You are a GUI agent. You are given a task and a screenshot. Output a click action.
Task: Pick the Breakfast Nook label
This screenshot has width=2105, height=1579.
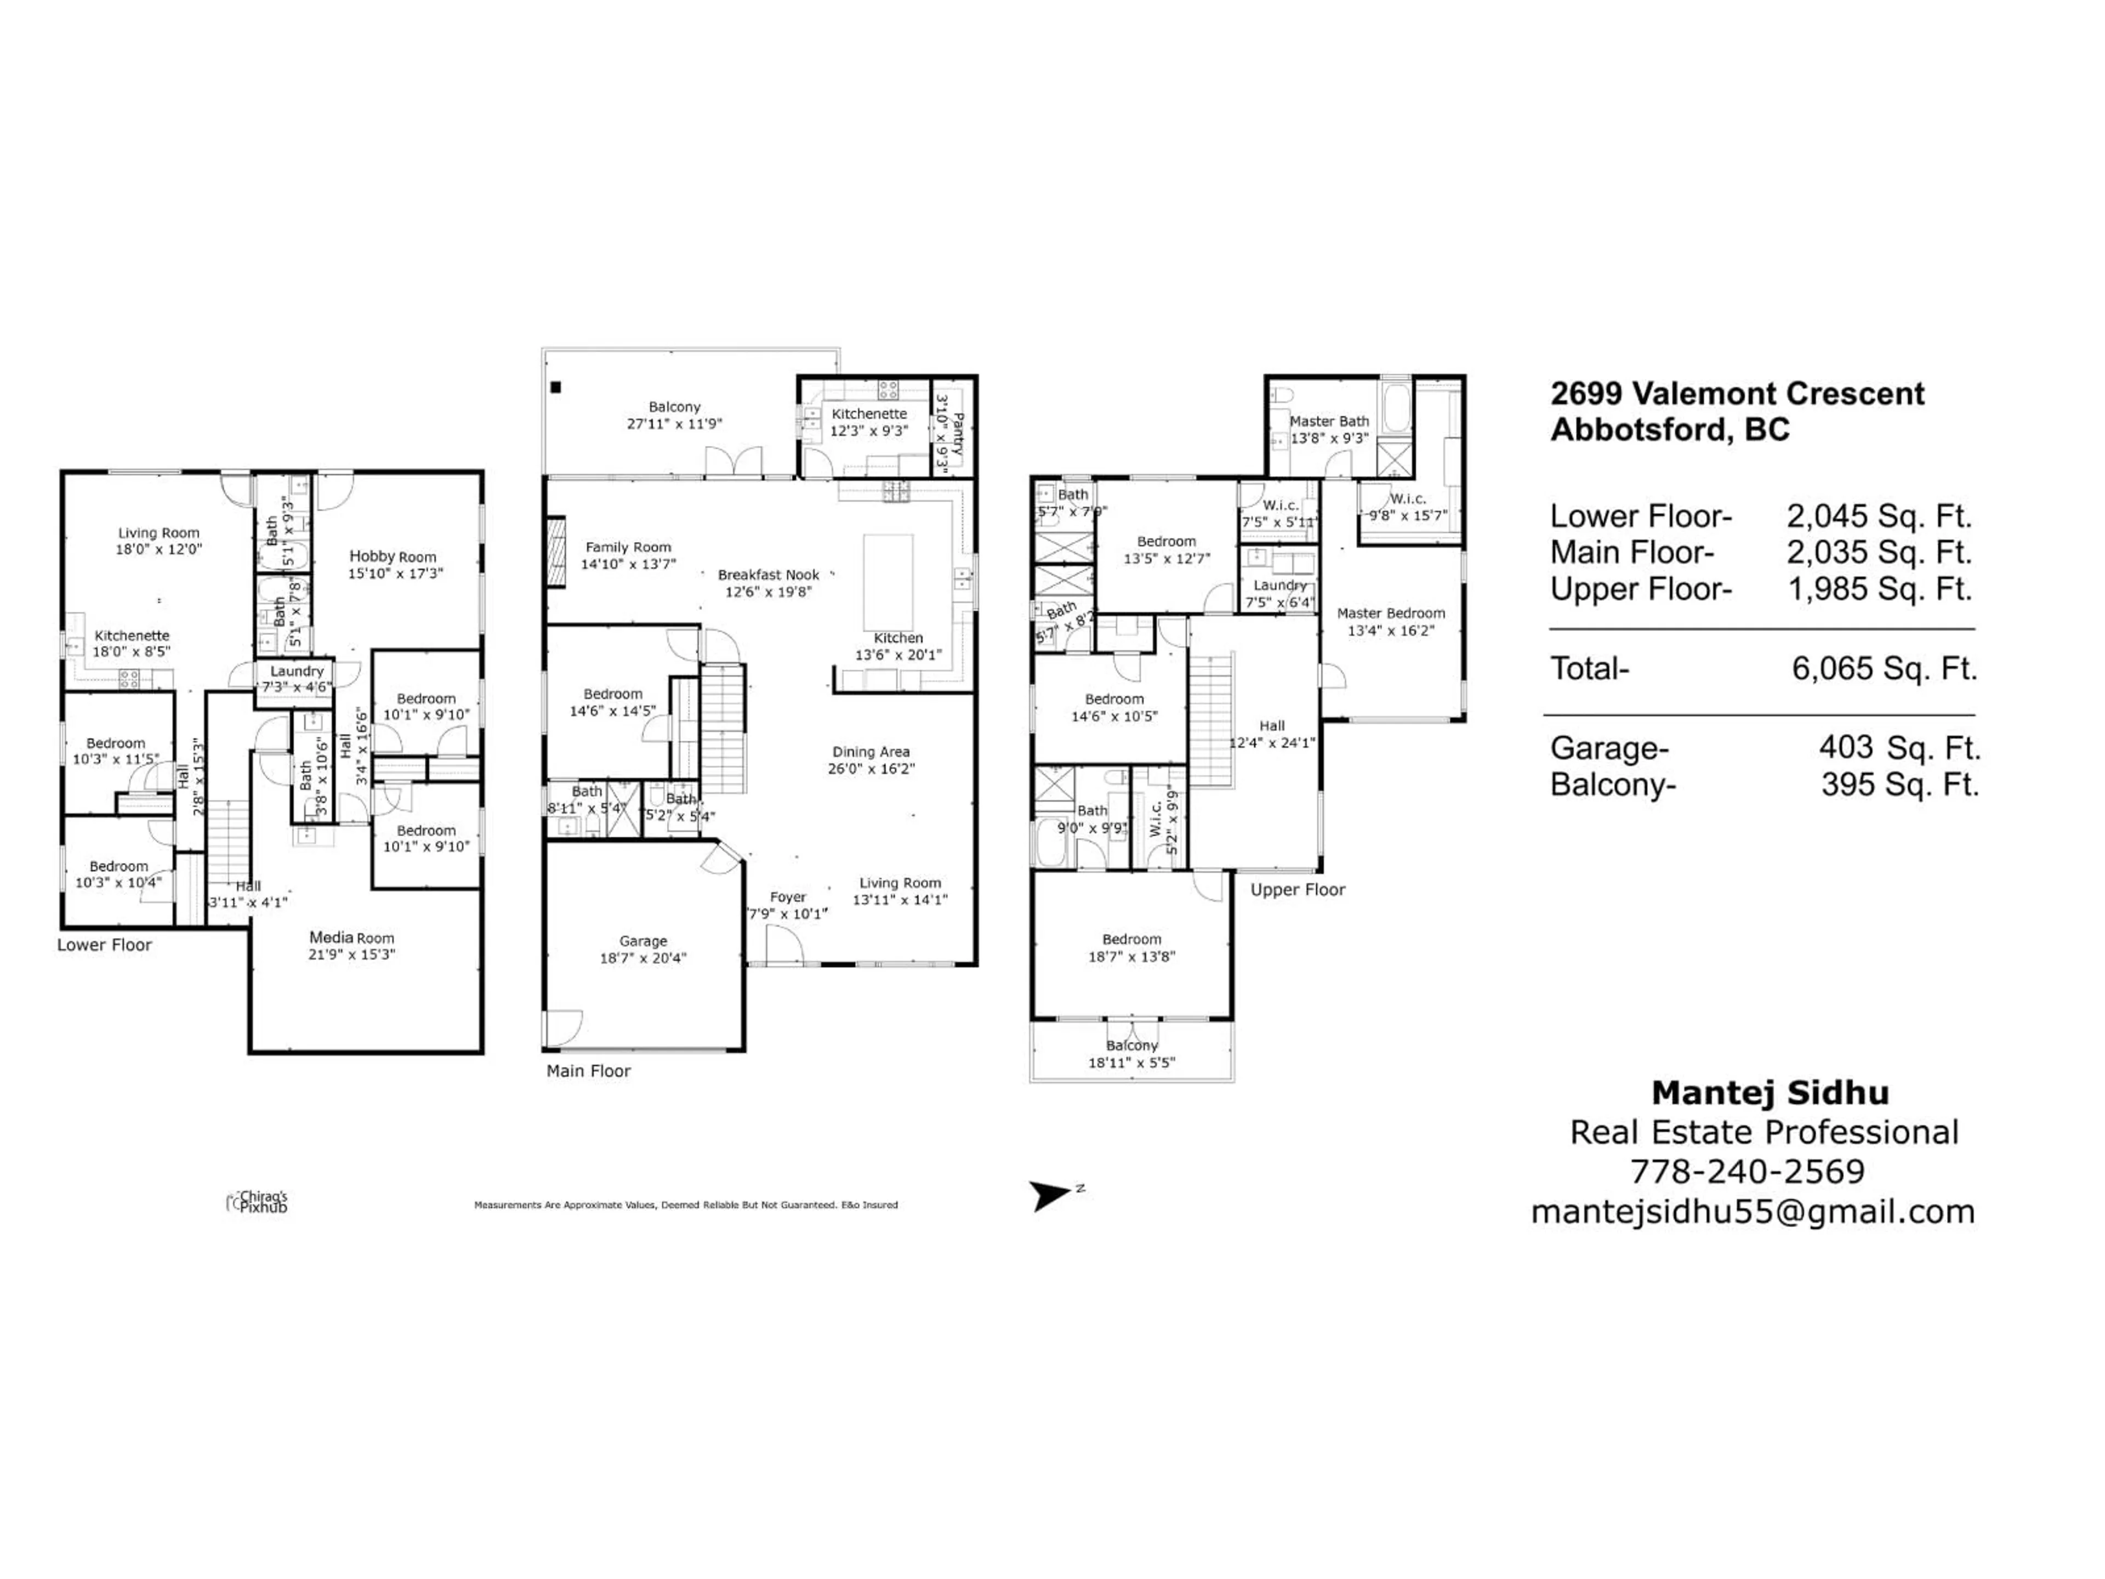[x=768, y=575]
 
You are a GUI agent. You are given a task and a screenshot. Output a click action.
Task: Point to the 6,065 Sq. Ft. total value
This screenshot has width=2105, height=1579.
[x=1884, y=669]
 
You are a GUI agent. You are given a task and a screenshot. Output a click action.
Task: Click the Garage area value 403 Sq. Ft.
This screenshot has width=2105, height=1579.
[x=1898, y=748]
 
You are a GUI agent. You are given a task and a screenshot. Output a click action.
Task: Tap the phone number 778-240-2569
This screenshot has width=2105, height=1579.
[x=1747, y=1172]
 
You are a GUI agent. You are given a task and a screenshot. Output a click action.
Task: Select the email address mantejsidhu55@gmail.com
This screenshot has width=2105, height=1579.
[x=1752, y=1212]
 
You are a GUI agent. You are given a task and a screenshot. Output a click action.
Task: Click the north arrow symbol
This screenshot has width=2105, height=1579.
[x=1050, y=1195]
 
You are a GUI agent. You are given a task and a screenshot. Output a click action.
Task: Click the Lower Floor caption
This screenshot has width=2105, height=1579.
[x=105, y=945]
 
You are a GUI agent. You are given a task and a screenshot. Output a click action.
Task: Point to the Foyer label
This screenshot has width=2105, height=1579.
[x=788, y=896]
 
